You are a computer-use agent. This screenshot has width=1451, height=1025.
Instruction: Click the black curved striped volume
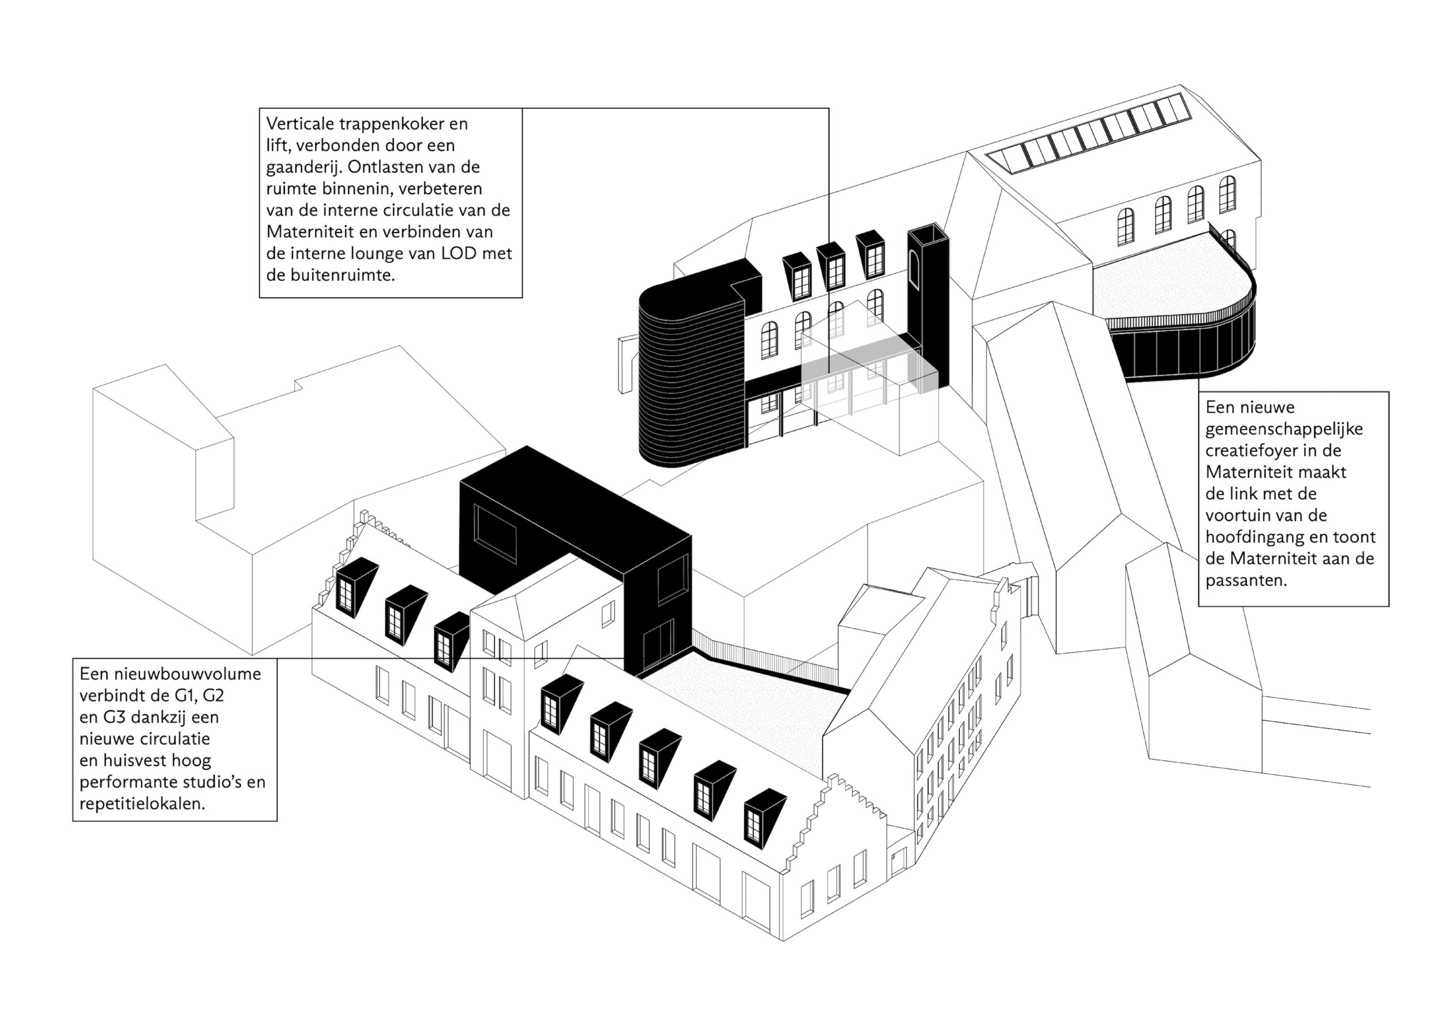(689, 385)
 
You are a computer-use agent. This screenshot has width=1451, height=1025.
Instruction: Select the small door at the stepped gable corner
(897, 861)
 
